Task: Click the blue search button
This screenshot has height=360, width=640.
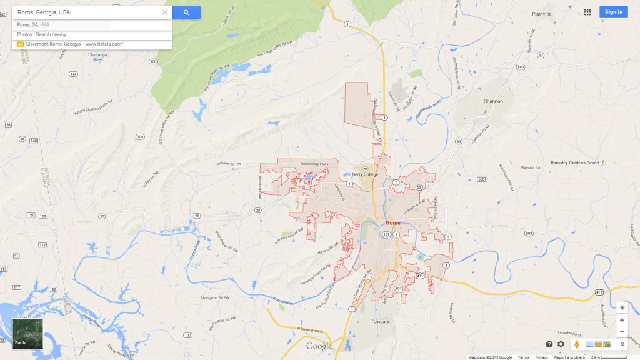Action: pos(186,12)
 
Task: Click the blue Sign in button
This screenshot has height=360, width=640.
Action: pos(613,12)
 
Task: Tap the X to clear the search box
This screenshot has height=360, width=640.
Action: pos(165,12)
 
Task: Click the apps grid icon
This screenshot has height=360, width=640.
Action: pos(587,12)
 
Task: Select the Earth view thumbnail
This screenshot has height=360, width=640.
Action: pos(28,334)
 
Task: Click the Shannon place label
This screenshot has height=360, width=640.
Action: pos(493,101)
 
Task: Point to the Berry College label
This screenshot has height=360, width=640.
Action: pos(366,174)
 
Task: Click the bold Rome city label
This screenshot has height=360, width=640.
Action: pos(393,222)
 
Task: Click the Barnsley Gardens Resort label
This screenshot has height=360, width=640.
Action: pos(575,162)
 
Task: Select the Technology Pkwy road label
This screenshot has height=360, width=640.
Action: pos(313,164)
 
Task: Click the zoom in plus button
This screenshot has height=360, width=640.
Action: pos(622,320)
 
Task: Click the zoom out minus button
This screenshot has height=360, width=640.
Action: pos(622,331)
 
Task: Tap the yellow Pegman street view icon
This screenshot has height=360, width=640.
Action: pos(576,344)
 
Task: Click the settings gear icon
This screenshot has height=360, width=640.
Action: pos(561,344)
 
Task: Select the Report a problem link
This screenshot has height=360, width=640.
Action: pos(569,357)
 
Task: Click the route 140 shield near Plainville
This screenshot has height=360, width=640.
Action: pos(520,66)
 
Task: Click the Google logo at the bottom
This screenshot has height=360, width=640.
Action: pos(319,346)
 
